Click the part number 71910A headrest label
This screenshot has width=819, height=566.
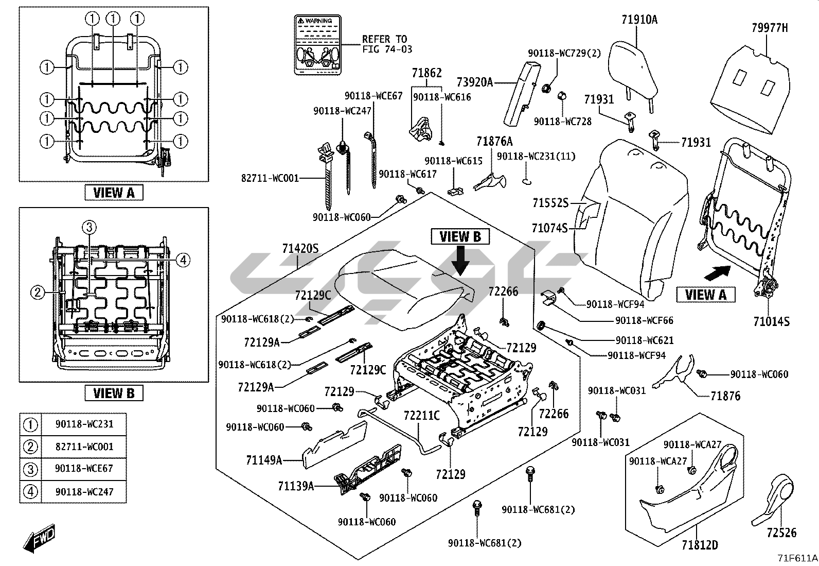pos(639,20)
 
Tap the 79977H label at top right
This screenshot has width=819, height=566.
pos(769,28)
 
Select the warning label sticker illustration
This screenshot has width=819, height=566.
pos(317,45)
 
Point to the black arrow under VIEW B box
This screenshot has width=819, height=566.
pos(461,259)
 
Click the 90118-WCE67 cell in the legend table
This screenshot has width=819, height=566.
pos(84,469)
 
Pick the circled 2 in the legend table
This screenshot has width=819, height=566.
pos(31,447)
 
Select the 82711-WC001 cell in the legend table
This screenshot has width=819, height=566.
pos(84,447)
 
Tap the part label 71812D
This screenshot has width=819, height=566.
pos(700,544)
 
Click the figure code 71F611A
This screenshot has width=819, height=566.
pos(797,558)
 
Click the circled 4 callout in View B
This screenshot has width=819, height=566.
pos(183,260)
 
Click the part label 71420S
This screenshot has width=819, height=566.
pos(300,249)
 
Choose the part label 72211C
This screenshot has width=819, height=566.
pos(422,415)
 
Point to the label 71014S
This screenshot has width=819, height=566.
pos(771,322)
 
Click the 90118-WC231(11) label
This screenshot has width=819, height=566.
pos(536,156)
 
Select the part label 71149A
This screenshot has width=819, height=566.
pos(264,460)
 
